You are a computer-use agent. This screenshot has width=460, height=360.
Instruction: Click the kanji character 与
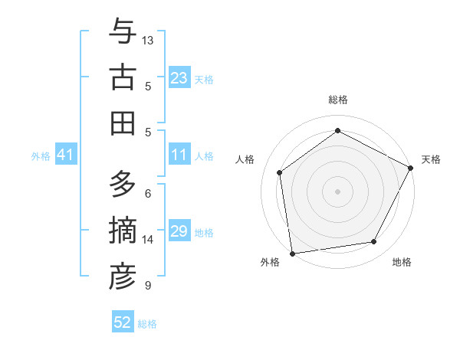coord(123,32)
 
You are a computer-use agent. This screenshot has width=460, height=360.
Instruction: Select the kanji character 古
coord(123,77)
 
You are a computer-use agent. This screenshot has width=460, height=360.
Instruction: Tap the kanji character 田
coord(123,123)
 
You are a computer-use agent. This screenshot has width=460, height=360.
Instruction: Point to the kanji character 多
coord(123,185)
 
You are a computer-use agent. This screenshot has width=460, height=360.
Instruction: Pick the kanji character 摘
coord(123,231)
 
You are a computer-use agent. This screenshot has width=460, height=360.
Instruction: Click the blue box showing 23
coord(179,78)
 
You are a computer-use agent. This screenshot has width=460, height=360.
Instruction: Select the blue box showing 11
coord(179,155)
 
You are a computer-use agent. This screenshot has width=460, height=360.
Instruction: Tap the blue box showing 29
coord(179,232)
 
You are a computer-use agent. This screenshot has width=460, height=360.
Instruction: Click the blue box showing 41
coord(65,155)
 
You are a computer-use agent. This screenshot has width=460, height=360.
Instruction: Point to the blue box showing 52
coord(123,322)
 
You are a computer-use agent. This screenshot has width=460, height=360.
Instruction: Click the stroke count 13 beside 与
coord(148,40)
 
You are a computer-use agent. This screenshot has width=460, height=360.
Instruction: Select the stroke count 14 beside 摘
coord(148,240)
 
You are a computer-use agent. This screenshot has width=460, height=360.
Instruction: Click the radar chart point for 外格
coord(292,253)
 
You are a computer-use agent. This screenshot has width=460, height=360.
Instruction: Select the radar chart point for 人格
coord(280,172)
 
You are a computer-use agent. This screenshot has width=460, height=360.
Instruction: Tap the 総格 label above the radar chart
coord(337,100)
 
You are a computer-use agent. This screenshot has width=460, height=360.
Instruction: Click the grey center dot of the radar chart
coord(337,191)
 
